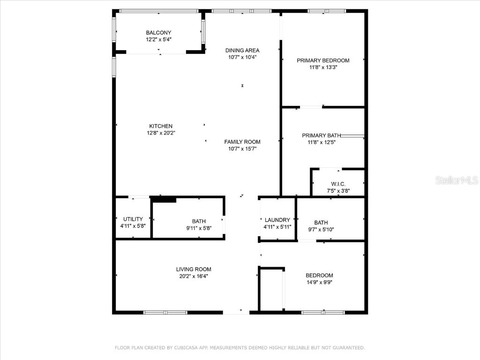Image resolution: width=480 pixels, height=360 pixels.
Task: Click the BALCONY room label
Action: pyautogui.click(x=158, y=33)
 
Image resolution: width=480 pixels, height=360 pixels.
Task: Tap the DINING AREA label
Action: pyautogui.click(x=242, y=51)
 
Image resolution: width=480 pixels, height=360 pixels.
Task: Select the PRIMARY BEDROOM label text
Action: pyautogui.click(x=323, y=60)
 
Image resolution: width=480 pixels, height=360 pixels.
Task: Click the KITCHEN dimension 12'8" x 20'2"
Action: pyautogui.click(x=161, y=133)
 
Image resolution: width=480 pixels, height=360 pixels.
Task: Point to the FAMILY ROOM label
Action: pyautogui.click(x=242, y=142)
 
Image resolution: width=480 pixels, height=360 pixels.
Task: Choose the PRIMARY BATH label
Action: pyautogui.click(x=321, y=135)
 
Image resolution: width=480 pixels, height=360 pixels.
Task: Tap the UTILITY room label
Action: pyautogui.click(x=133, y=219)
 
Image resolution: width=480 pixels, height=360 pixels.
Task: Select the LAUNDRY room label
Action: pyautogui.click(x=277, y=220)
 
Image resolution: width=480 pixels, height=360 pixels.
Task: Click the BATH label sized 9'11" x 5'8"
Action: pyautogui.click(x=199, y=221)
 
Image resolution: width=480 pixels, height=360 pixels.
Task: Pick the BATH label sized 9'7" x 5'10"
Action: pyautogui.click(x=321, y=223)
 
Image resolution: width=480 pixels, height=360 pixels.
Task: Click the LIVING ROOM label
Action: pyautogui.click(x=194, y=270)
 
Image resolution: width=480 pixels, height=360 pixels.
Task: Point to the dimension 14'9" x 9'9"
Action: pyautogui.click(x=319, y=282)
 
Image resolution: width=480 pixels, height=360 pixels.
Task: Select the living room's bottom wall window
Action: pyautogui.click(x=165, y=312)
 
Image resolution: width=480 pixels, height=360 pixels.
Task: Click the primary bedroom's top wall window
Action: pyautogui.click(x=327, y=11)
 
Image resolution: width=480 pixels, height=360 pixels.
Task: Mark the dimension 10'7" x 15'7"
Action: pyautogui.click(x=242, y=149)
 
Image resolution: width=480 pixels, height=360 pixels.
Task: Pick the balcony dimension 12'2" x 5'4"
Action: pyautogui.click(x=158, y=40)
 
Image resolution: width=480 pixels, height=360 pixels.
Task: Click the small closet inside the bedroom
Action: pyautogui.click(x=271, y=289)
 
